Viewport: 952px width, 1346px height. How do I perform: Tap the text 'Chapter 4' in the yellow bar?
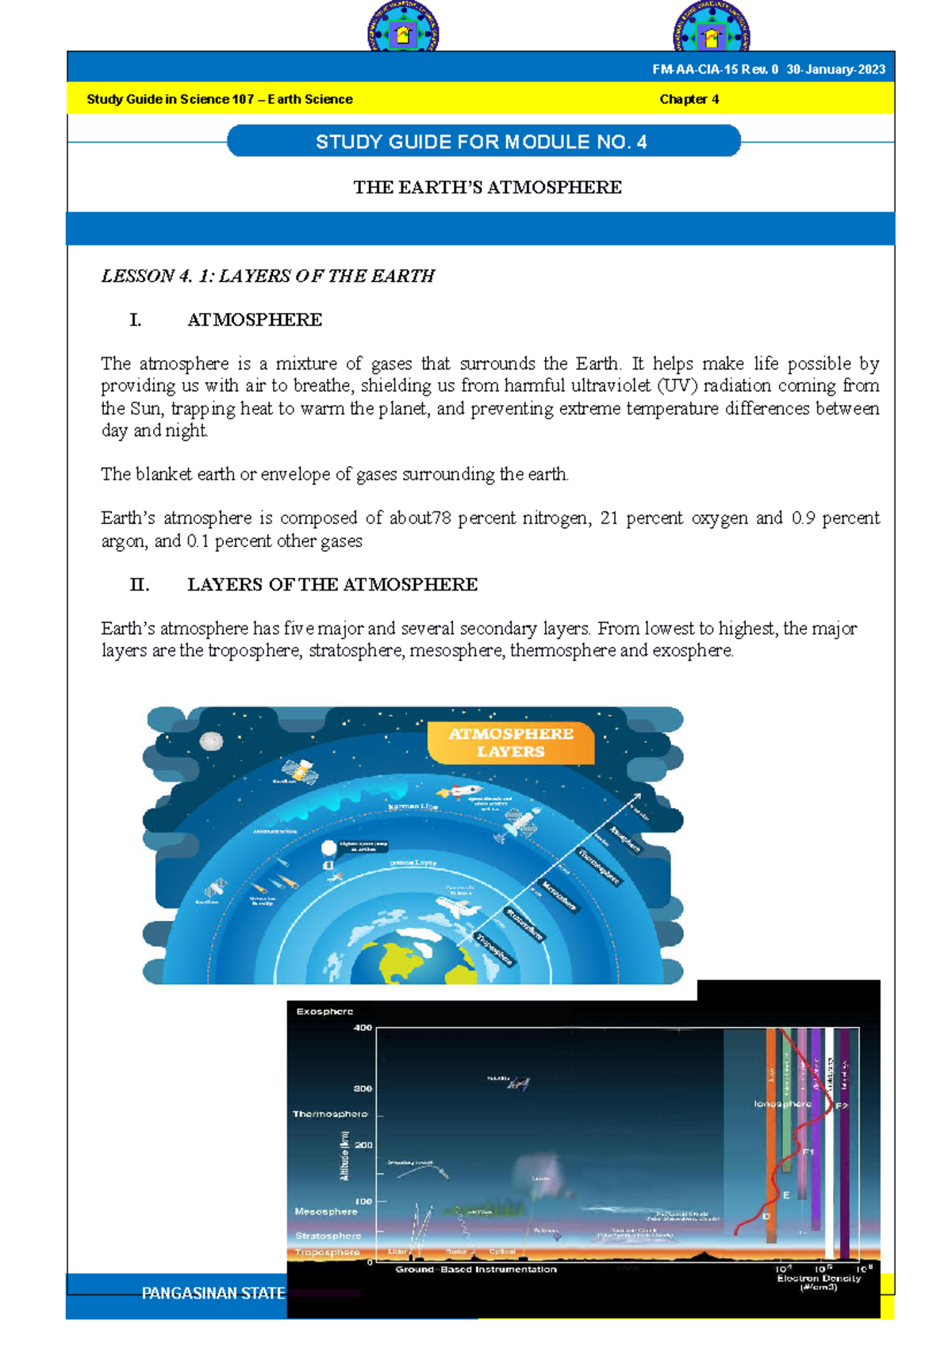click(689, 99)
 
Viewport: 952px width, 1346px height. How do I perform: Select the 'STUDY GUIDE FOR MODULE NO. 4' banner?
click(482, 142)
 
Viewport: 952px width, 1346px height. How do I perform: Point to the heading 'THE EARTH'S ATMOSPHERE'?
click(487, 187)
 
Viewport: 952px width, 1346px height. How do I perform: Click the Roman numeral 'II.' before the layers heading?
click(140, 585)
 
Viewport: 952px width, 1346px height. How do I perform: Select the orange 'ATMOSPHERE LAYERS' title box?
click(511, 743)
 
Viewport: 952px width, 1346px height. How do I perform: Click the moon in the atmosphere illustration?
click(211, 741)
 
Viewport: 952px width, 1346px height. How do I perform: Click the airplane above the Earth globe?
click(460, 907)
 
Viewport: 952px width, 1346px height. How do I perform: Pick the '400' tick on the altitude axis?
click(363, 1028)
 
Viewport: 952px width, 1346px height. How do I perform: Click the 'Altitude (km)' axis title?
click(345, 1157)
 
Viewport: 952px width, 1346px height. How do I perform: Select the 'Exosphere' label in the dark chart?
click(324, 1011)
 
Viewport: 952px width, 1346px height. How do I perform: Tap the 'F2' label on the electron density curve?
click(842, 1106)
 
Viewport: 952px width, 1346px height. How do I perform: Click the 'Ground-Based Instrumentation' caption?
click(476, 1270)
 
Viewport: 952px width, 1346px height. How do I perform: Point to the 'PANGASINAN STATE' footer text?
click(213, 1294)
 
